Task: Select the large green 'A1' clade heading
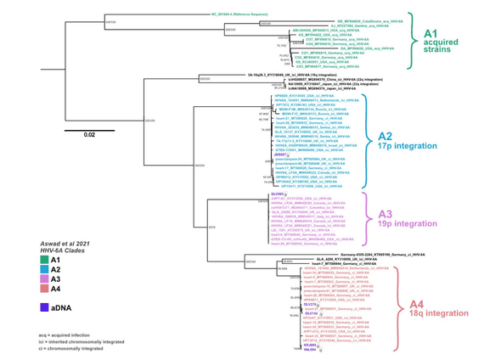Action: pos(436,31)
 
